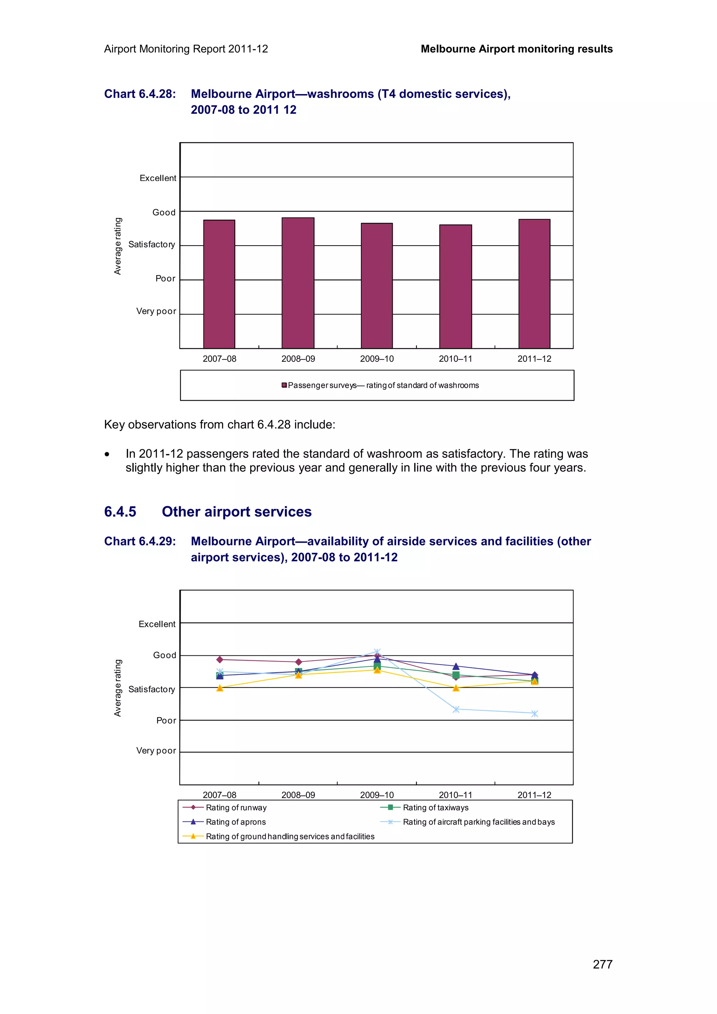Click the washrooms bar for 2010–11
[x=455, y=286]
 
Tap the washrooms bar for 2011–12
[x=534, y=283]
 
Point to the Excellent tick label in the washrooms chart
[x=158, y=178]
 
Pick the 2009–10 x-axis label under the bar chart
[x=376, y=359]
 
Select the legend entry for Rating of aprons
[x=236, y=822]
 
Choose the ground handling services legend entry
[x=290, y=837]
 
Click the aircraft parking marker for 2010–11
[x=456, y=709]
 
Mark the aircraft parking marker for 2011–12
[x=535, y=714]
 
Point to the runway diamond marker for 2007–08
[x=220, y=659]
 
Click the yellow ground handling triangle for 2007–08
[x=220, y=688]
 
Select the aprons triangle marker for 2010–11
[x=456, y=666]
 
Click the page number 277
[x=602, y=964]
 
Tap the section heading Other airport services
[x=236, y=512]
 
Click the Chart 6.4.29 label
[x=140, y=541]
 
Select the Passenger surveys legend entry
[x=383, y=385]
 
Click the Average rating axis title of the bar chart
[x=118, y=246]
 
